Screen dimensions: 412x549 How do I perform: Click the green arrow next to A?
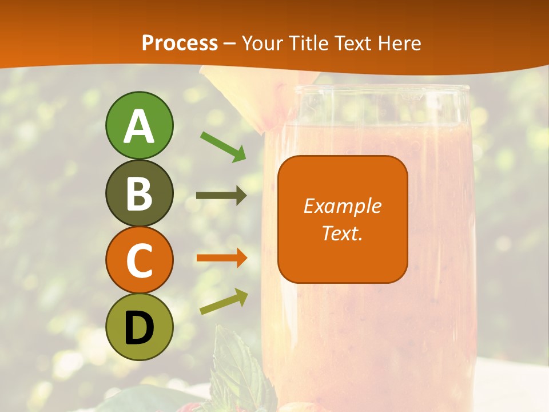(223, 146)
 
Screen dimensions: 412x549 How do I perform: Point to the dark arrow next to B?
(221, 196)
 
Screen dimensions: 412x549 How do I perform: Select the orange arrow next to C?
(222, 258)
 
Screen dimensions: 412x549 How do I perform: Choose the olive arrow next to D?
(224, 302)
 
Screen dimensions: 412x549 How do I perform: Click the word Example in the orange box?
(342, 206)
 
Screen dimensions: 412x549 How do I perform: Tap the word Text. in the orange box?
(342, 233)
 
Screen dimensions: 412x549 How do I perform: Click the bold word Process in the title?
(180, 43)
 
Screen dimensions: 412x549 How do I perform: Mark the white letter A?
(139, 126)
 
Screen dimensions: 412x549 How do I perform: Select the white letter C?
(139, 260)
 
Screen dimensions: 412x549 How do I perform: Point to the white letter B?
(139, 193)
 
